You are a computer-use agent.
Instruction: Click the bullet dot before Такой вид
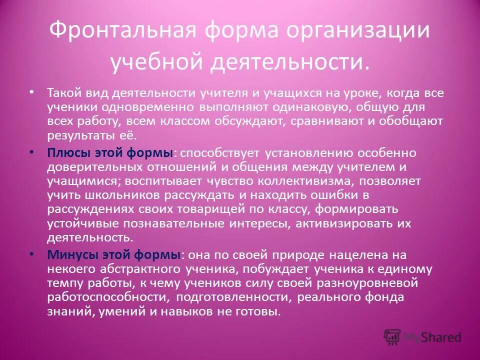(31, 92)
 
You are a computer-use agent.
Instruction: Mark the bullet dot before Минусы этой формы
(31, 254)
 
